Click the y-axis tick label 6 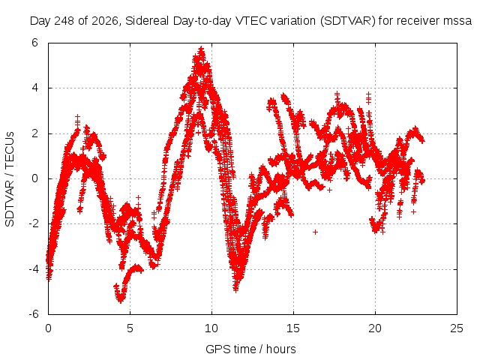(34, 43)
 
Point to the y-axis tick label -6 (34, 314)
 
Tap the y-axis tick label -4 (34, 269)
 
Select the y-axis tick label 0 (34, 178)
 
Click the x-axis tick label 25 (457, 328)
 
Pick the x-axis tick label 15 (293, 328)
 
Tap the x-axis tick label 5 (130, 328)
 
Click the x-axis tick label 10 (211, 328)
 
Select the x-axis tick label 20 (375, 328)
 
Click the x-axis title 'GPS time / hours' (250, 349)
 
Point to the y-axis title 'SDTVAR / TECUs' (10, 179)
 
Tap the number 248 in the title (64, 21)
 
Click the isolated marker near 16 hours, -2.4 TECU (315, 232)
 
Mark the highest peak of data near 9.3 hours (201, 49)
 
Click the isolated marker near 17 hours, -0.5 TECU (329, 190)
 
